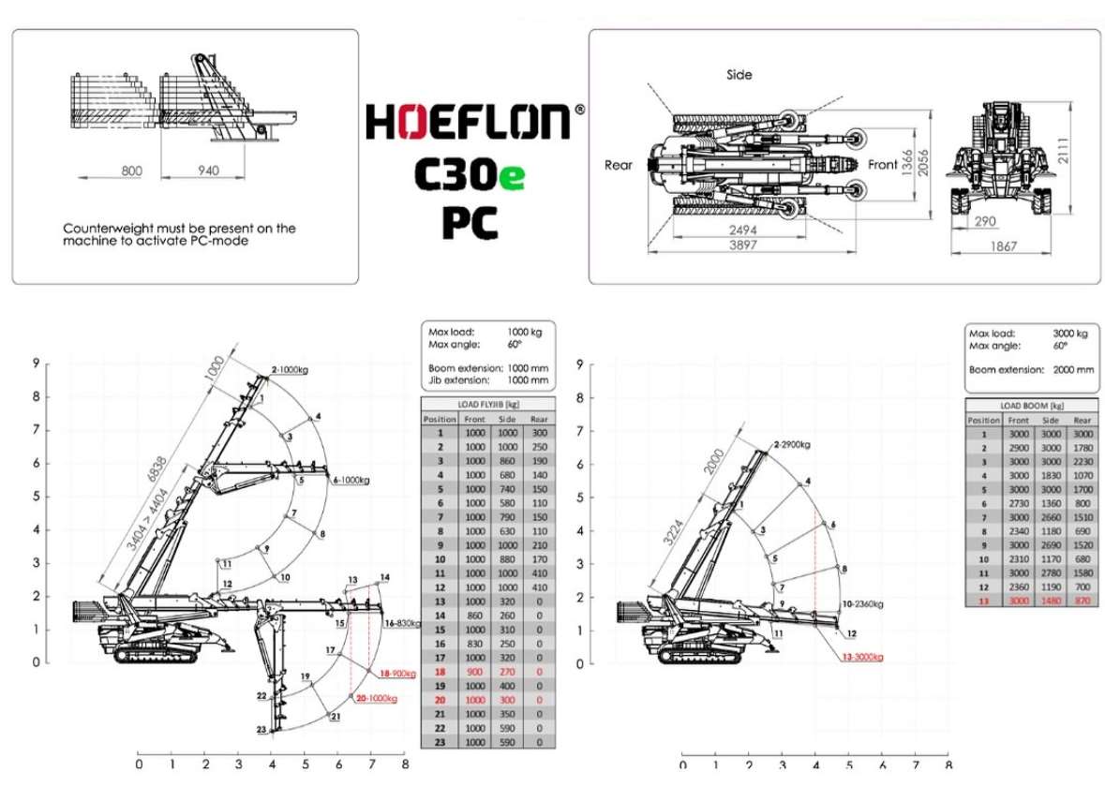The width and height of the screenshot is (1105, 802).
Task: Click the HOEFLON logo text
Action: coord(468,122)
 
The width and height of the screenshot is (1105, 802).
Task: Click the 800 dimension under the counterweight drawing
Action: coord(131,171)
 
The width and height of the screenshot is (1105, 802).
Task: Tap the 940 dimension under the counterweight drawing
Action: coord(209,171)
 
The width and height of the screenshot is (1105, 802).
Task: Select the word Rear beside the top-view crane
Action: coord(619,165)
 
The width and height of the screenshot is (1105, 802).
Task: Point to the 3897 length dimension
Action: coord(742,245)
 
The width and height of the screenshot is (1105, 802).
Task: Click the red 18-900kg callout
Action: coord(396,674)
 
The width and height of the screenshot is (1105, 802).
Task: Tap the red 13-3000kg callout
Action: coord(861,657)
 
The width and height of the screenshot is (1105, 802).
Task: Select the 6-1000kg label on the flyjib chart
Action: coord(351,481)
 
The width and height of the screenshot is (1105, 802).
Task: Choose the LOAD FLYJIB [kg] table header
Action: coord(487,404)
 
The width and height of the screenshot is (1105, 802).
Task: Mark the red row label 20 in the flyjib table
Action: coord(440,700)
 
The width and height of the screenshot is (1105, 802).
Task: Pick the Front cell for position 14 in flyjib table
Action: coord(475,616)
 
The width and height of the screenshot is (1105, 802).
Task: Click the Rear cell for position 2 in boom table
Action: coord(1083,448)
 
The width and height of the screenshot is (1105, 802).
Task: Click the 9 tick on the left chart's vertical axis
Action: coord(35,364)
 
